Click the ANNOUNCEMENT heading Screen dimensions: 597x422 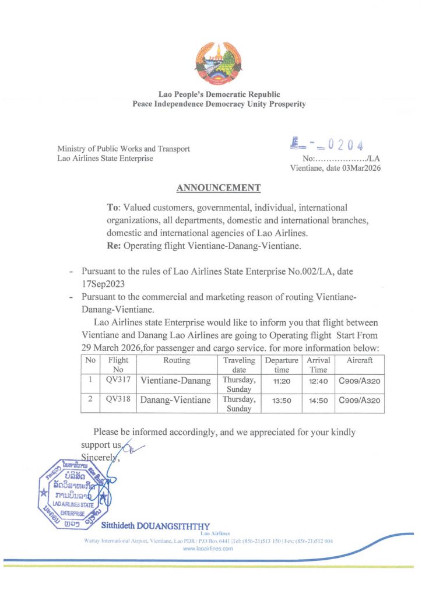219,188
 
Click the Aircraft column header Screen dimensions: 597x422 360,360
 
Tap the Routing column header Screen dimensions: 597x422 177,360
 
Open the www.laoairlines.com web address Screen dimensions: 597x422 208,549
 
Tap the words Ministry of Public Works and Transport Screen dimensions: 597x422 124,149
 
